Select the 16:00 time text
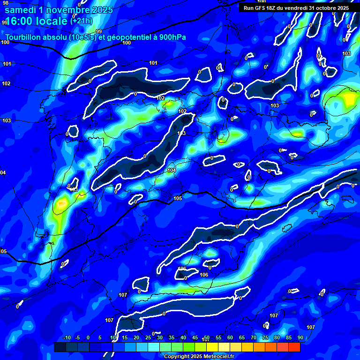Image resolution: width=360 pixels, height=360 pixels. (x=21, y=21)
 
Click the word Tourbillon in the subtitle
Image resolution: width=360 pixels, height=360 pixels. (x=22, y=37)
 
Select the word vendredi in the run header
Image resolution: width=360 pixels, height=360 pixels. (x=293, y=8)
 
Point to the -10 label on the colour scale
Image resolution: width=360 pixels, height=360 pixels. (x=67, y=337)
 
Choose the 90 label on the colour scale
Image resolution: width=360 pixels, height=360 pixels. (x=300, y=337)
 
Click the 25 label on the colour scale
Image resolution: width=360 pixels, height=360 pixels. (x=148, y=337)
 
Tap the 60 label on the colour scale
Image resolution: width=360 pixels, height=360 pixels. (x=230, y=337)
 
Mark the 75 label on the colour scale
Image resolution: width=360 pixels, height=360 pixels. (x=265, y=337)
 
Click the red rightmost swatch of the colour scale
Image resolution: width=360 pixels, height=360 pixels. (x=294, y=347)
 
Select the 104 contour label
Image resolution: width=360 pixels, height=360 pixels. (x=172, y=170)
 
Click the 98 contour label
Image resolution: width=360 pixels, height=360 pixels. (x=6, y=3)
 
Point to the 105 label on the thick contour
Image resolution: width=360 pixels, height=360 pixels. (x=178, y=199)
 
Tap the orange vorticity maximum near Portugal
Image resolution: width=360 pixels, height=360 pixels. (x=61, y=204)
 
